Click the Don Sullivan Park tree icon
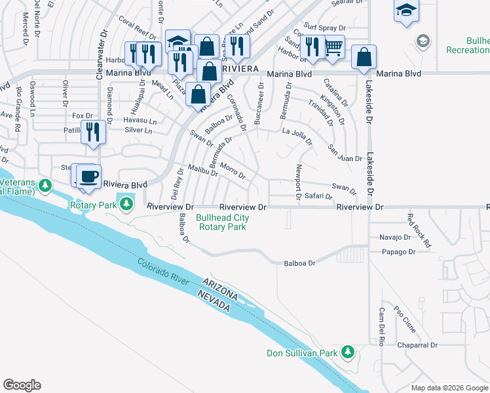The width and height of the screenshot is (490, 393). pos(350,353)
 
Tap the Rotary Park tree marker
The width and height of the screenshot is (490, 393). pos(128,206)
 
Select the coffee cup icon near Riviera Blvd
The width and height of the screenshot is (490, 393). pos(88,176)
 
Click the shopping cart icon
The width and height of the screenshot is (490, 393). pos(334,47)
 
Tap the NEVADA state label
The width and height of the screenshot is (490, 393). pos(215,304)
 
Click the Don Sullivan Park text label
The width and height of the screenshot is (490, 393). pos(302,354)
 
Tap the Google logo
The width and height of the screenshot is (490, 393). pos(22,385)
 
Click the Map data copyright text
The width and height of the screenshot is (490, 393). pos(449,388)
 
